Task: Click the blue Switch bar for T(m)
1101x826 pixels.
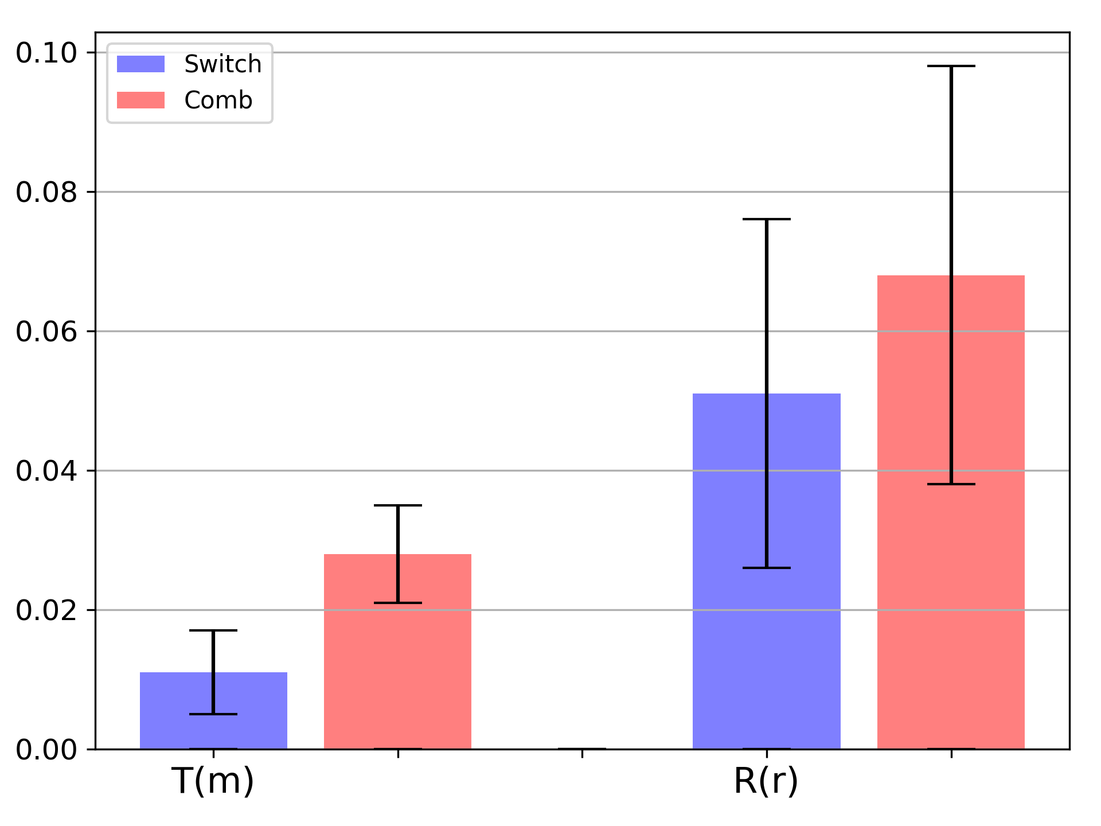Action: [213, 711]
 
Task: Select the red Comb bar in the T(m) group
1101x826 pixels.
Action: [397, 652]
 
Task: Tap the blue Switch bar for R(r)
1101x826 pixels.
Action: [767, 571]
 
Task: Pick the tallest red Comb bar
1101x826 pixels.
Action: [951, 512]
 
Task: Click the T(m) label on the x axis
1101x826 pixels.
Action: [213, 781]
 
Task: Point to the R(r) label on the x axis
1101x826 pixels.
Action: [766, 781]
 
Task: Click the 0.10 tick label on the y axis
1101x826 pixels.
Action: [46, 53]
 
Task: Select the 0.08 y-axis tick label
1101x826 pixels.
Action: [46, 192]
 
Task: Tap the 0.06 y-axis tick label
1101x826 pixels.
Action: [46, 332]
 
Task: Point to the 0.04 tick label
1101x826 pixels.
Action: [46, 471]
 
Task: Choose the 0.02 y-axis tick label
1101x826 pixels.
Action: [46, 610]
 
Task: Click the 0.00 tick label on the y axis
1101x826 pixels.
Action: [46, 750]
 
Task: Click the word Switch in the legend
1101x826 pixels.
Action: [223, 64]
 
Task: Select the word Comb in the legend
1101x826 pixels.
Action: [218, 100]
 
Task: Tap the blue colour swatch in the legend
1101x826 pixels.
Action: [140, 64]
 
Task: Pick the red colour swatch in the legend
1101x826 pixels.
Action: [140, 100]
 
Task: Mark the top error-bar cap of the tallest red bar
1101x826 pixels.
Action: [951, 66]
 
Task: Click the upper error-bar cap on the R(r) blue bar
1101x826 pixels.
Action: [767, 219]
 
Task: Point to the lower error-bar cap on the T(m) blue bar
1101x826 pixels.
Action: [213, 714]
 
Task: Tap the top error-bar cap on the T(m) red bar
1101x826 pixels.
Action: [397, 505]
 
